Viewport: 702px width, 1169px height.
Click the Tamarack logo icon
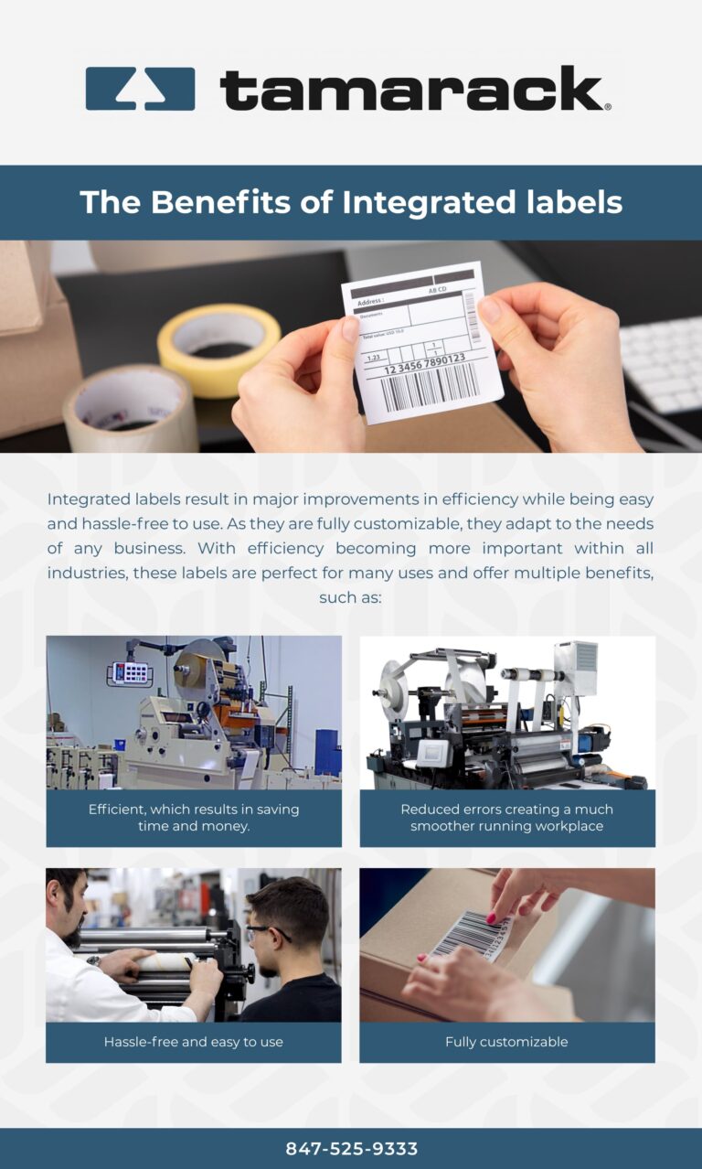coord(140,89)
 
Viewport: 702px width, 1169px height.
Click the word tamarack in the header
coord(411,89)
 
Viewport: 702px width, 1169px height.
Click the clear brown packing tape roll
coord(129,407)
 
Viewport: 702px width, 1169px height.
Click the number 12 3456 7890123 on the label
coord(423,364)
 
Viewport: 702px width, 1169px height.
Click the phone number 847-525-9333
coord(351,1149)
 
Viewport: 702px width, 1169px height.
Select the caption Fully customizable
coord(506,1042)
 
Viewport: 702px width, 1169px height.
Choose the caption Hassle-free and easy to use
coord(193,1042)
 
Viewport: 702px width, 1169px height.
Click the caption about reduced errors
coord(506,818)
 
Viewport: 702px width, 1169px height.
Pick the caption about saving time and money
coord(193,818)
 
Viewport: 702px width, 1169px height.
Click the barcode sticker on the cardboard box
coord(471,933)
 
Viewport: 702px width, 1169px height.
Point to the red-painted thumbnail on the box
coord(492,917)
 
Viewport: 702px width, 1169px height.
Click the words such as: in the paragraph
coord(350,597)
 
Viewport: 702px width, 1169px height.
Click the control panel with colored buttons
coord(129,673)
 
